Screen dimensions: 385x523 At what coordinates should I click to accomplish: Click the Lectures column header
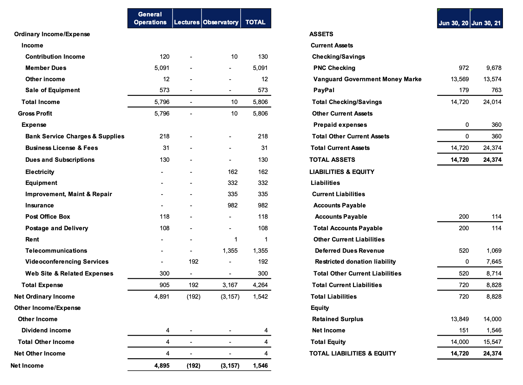pos(187,22)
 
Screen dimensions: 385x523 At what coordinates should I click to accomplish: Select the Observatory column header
pos(221,22)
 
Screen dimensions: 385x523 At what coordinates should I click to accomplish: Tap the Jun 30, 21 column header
pos(486,23)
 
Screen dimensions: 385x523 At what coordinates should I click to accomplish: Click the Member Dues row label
pos(46,68)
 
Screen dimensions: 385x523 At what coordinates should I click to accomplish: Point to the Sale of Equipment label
pos(53,90)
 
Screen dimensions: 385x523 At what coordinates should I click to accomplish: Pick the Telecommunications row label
pos(56,251)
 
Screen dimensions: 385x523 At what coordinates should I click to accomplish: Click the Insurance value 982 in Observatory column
pos(233,205)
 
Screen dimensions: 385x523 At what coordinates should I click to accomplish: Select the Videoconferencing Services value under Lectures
pos(193,262)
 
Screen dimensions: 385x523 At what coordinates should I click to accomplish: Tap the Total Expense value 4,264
pos(260,285)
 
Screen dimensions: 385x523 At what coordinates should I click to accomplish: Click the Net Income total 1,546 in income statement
pos(260,366)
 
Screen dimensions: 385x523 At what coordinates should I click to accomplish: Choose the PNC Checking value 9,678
pos(494,68)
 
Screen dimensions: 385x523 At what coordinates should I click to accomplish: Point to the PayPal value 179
pos(464,90)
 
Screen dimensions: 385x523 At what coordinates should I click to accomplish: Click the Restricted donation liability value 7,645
pos(494,262)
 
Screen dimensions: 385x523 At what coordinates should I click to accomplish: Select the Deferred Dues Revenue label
pos(349,251)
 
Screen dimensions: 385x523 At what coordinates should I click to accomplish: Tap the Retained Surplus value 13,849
pos(459,319)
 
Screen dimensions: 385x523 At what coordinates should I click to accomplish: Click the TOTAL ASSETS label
pos(332,160)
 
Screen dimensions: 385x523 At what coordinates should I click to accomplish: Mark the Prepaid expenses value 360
pos(496,125)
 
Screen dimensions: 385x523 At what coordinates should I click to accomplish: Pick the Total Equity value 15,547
pos(492,342)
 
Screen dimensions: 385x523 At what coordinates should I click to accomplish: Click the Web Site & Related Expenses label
pos(69,273)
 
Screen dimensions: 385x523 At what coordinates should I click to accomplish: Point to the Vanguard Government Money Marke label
pos(367,79)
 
